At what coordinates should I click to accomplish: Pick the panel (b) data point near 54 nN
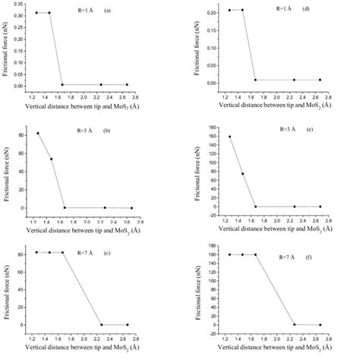point(52,159)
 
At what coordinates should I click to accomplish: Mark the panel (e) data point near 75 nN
point(243,174)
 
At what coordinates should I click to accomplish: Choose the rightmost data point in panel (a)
point(127,84)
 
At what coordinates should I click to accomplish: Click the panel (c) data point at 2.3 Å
point(101,324)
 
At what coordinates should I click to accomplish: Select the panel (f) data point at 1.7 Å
point(256,254)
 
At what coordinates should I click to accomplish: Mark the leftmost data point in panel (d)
point(229,10)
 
